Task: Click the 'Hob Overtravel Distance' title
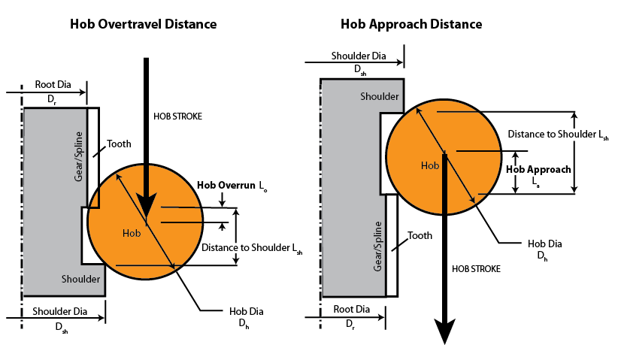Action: pos(143,24)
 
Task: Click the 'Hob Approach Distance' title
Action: pos(411,24)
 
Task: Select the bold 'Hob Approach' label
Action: pos(538,170)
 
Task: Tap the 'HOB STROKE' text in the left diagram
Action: pos(177,116)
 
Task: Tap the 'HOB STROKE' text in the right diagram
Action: pos(476,268)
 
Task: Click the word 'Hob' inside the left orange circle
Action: pos(131,233)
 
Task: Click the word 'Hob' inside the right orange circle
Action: pos(429,165)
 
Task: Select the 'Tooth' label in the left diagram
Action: pos(119,144)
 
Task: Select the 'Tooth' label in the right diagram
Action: pos(420,236)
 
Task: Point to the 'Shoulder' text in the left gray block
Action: pos(80,279)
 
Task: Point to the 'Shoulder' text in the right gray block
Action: pos(379,96)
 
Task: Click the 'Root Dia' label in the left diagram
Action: pos(54,83)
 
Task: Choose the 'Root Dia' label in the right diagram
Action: pos(351,309)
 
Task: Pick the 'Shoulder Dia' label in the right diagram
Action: pos(359,56)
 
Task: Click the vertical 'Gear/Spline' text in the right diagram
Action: pos(378,247)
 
